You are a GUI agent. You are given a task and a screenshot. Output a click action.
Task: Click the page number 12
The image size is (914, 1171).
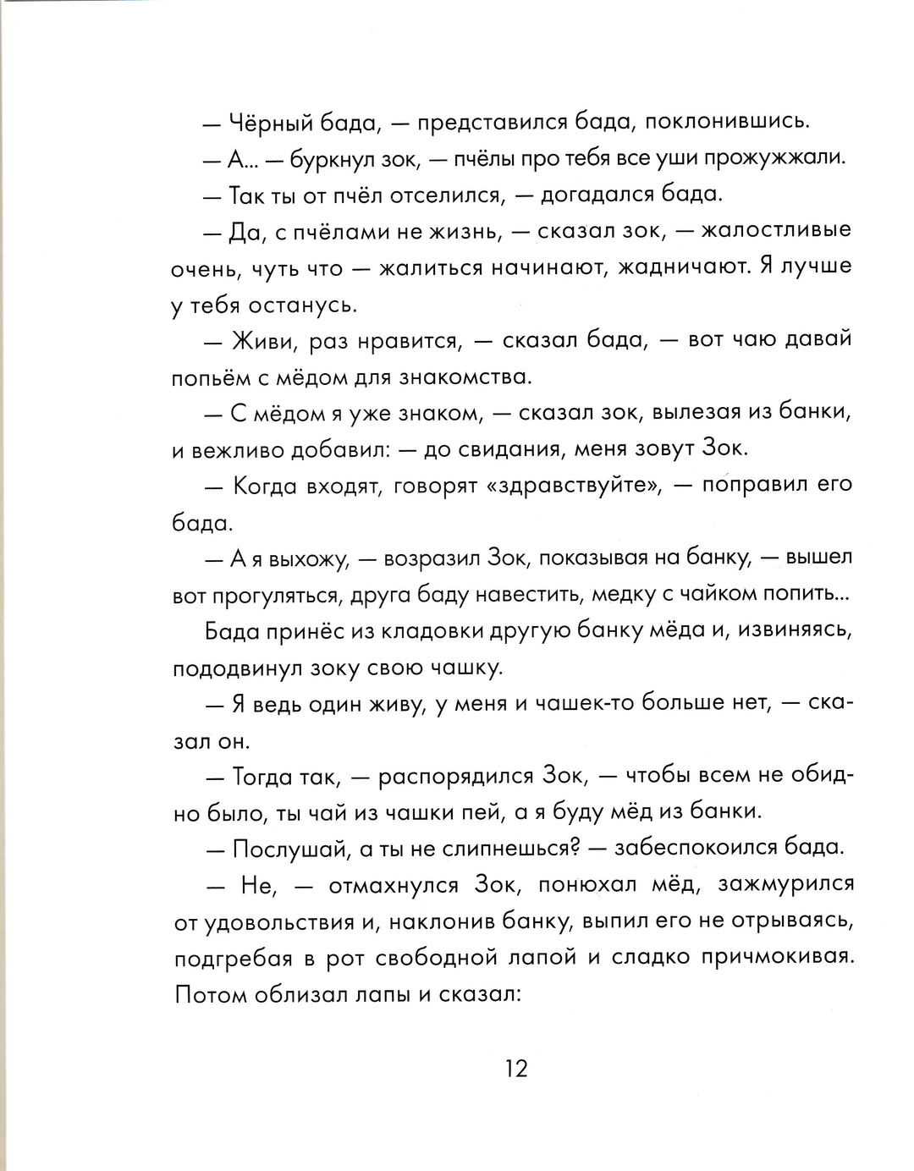516,1069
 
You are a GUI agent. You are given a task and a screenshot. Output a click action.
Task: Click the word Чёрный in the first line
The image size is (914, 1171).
272,123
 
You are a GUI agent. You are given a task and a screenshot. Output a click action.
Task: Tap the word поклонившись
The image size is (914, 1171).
727,123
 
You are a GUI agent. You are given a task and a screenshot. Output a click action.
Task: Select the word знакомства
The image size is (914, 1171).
458,377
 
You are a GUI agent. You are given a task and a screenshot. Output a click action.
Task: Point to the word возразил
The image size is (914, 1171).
432,559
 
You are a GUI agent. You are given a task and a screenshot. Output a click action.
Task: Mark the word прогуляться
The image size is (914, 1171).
278,596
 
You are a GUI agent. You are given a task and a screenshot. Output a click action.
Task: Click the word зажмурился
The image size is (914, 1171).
786,885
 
